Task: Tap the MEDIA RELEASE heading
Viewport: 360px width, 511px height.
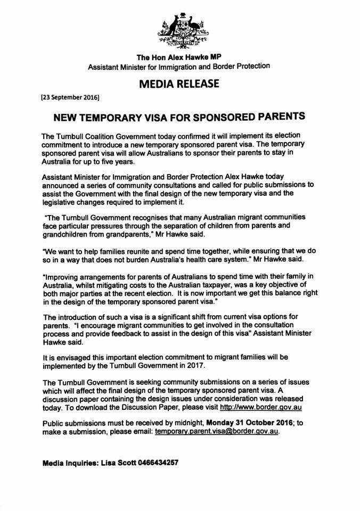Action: click(179, 84)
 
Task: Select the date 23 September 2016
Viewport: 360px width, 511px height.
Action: click(70, 98)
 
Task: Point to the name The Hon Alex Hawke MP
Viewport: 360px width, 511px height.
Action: click(178, 57)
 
